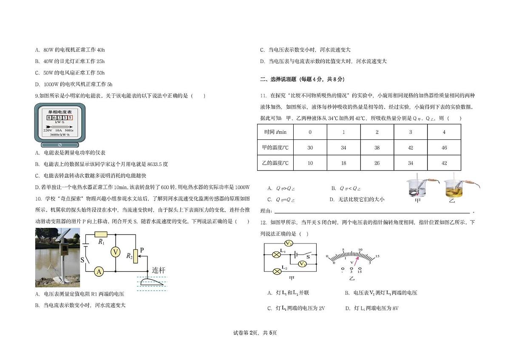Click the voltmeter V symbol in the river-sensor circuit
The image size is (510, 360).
(116, 252)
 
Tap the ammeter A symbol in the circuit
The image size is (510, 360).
(99, 272)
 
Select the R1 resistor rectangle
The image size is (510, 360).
(101, 234)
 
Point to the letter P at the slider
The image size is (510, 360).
(142, 250)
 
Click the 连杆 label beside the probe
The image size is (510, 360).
(159, 270)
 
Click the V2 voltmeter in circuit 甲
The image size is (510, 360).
(289, 244)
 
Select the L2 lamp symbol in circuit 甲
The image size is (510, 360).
(277, 272)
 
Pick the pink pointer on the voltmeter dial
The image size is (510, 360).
(356, 261)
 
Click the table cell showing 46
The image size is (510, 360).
(444, 147)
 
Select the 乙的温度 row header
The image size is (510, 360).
(275, 163)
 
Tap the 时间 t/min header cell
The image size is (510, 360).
(275, 132)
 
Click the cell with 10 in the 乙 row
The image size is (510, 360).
(310, 163)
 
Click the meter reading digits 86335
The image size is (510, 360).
(59, 117)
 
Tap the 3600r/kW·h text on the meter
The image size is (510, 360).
(59, 135)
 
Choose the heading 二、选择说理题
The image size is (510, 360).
(278, 79)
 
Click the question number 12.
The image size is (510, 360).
(263, 222)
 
